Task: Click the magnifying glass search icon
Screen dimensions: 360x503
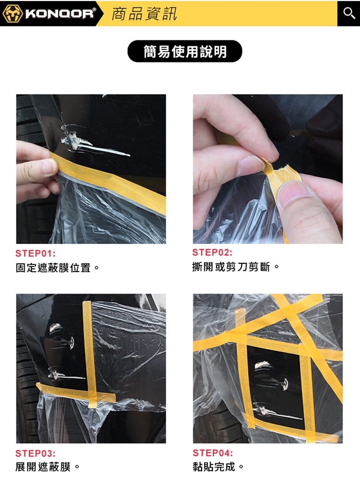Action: coord(349,13)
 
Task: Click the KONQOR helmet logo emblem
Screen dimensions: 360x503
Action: coord(12,13)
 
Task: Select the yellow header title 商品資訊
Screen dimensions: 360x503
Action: coord(144,14)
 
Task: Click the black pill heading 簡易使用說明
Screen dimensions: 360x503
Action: coord(185,51)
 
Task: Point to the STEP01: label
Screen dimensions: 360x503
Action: coord(36,253)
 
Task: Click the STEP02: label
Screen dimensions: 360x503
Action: coord(213,252)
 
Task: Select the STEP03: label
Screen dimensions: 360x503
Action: coord(36,453)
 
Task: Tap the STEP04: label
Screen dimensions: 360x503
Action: coord(213,453)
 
